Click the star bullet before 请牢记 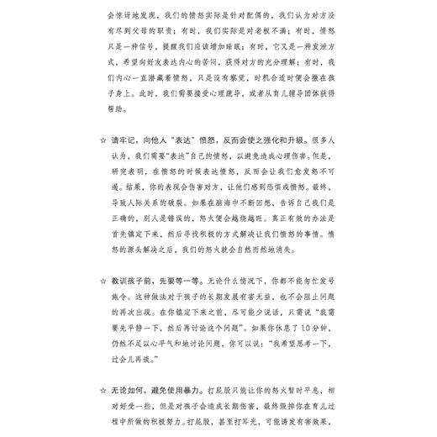[x=103, y=142]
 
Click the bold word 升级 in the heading [x=282, y=142]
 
